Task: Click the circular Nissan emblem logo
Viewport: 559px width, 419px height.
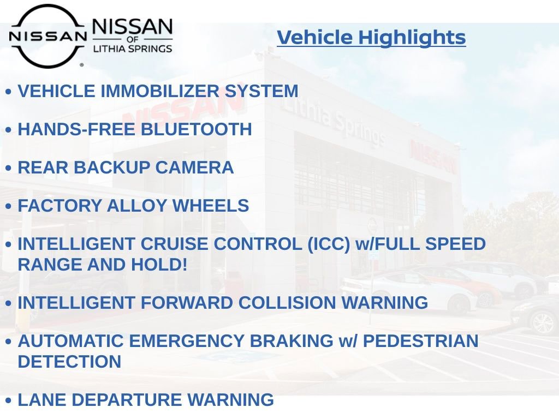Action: [47, 36]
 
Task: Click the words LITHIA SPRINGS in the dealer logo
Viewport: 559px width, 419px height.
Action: [132, 49]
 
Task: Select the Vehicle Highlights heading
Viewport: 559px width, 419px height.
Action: [371, 38]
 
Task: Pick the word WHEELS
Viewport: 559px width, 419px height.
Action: [211, 206]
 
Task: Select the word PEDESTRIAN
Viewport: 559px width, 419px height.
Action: [420, 341]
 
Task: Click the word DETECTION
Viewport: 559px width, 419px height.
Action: [69, 362]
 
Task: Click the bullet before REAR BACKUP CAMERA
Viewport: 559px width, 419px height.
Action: [8, 169]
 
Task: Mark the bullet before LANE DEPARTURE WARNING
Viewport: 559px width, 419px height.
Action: [8, 401]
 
